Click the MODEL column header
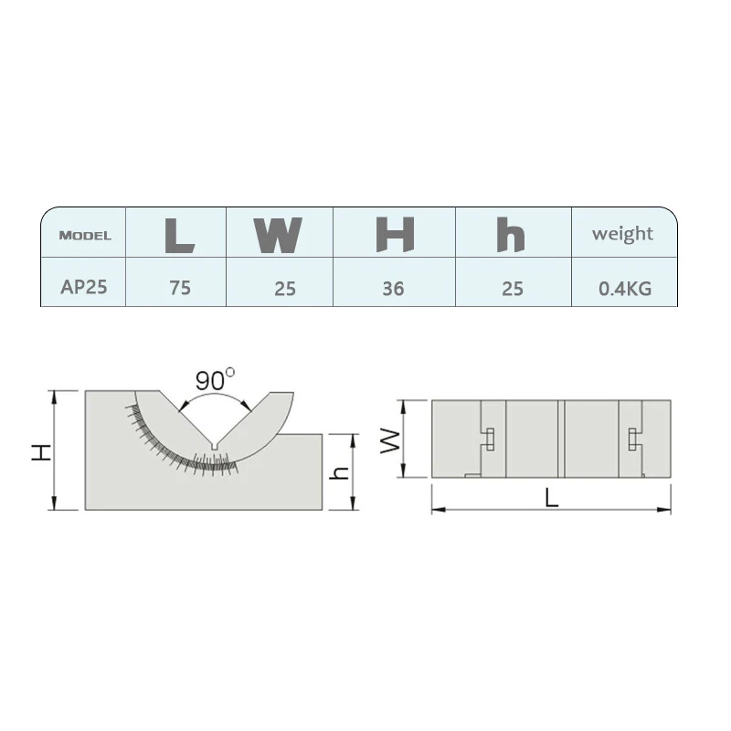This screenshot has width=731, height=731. click(x=85, y=236)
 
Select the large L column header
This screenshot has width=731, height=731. click(x=179, y=235)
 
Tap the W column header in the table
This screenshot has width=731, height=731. click(x=278, y=235)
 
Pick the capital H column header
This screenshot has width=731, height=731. click(x=395, y=235)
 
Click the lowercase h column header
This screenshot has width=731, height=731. click(x=511, y=235)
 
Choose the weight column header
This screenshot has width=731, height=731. click(x=622, y=234)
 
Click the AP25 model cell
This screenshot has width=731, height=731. click(x=84, y=287)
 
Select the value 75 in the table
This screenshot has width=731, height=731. click(x=180, y=288)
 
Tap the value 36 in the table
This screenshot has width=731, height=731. click(x=393, y=289)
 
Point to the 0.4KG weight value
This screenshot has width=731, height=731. click(x=625, y=289)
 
